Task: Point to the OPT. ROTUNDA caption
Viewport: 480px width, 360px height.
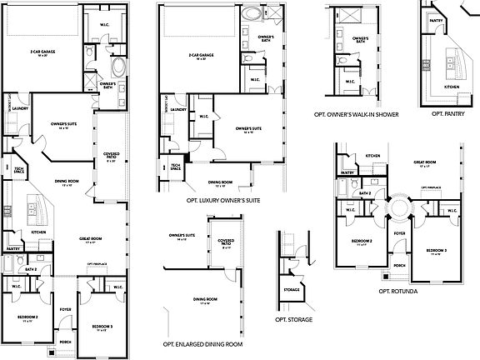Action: point(398,292)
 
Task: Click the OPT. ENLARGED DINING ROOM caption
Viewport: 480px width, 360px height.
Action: point(203,343)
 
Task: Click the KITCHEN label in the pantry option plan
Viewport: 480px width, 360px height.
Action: point(451,87)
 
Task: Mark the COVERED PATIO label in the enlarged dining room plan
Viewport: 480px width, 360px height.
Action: point(226,242)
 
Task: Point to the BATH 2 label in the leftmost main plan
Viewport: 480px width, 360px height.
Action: point(32,269)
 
